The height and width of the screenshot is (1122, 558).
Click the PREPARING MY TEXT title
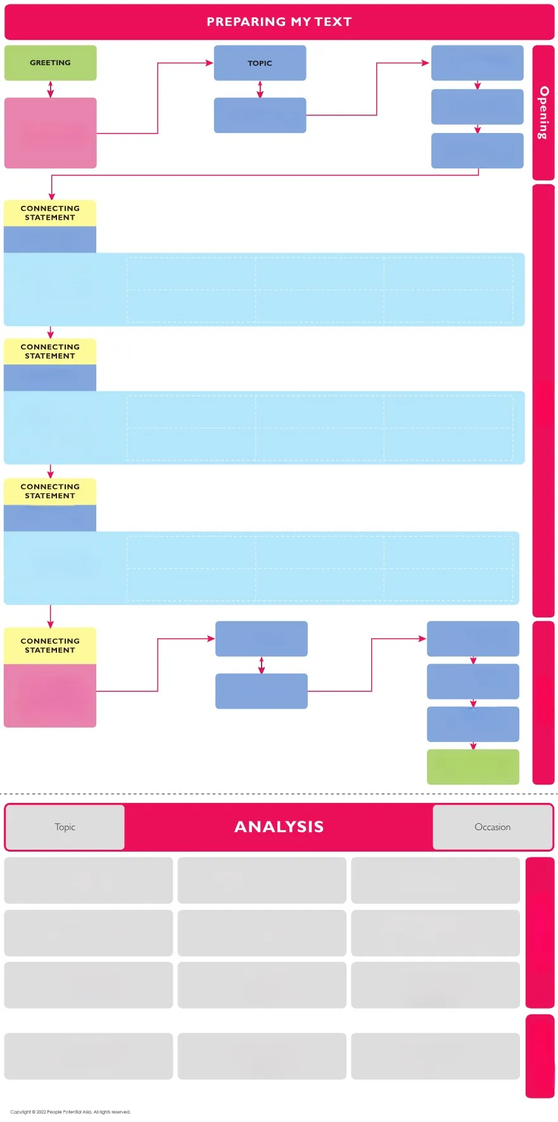click(279, 22)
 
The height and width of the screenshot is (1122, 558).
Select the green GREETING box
click(51, 63)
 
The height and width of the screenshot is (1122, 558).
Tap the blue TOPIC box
click(260, 63)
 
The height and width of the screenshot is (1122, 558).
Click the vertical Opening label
click(543, 113)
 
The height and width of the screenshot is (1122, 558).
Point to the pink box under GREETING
click(51, 133)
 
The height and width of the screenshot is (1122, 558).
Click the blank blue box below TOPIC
click(260, 115)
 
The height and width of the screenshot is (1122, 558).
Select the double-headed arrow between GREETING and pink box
click(51, 89)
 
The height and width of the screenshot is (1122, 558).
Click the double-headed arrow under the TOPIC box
click(260, 89)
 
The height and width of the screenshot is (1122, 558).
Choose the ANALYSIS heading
click(279, 826)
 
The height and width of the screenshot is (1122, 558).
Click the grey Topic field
click(65, 827)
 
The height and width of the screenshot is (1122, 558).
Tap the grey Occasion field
click(493, 827)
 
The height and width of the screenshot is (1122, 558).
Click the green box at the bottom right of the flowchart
click(473, 767)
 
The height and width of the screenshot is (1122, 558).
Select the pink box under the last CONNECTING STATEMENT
click(50, 695)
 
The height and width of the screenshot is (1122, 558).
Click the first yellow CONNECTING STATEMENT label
click(50, 213)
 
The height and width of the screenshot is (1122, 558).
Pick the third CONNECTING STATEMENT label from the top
click(50, 491)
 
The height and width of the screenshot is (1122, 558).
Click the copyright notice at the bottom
click(70, 1111)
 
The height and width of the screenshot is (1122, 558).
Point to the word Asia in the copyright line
click(87, 1111)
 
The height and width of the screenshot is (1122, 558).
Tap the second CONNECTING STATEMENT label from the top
click(50, 351)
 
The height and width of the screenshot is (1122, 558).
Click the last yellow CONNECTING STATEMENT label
click(50, 645)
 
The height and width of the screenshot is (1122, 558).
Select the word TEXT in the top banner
click(333, 22)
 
